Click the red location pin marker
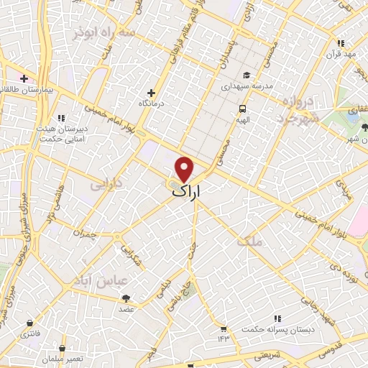[185, 168]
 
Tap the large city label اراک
[188, 192]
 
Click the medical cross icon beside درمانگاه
[151, 92]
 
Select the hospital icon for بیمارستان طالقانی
[24, 78]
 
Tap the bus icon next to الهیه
[242, 108]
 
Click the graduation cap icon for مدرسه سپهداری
[246, 75]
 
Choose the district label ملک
[275, 243]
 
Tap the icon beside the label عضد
[126, 298]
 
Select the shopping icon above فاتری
[29, 323]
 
